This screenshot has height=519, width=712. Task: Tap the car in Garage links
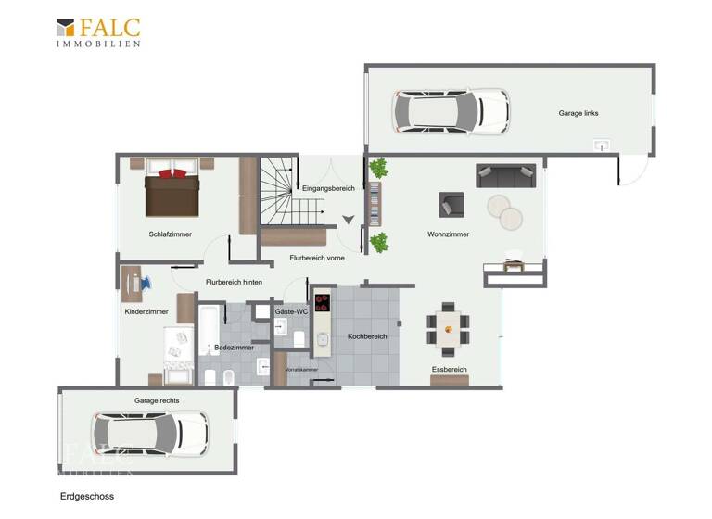451,111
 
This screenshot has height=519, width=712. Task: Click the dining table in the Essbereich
449,328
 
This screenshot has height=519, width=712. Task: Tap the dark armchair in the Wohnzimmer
451,203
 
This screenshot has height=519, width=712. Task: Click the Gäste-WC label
291,312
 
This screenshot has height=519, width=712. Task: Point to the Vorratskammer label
301,370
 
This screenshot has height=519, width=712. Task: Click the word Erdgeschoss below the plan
87,497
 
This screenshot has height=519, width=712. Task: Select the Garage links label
578,113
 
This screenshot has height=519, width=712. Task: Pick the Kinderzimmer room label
146,312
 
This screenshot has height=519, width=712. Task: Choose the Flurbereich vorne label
317,258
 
